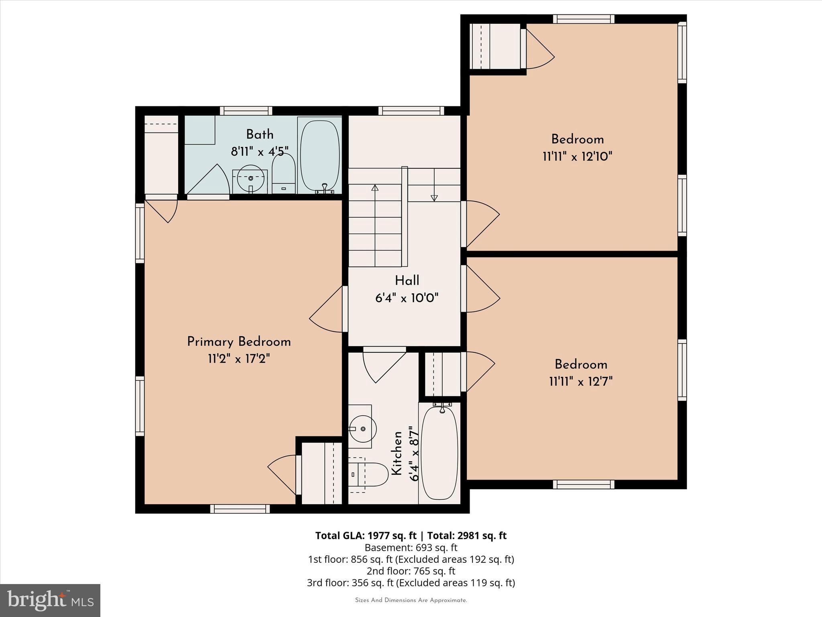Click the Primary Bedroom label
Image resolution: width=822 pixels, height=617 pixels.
click(239, 342)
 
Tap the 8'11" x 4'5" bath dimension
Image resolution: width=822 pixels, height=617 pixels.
click(260, 152)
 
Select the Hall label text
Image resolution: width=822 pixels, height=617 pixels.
click(407, 281)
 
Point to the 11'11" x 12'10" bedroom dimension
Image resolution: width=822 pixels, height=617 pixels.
click(577, 157)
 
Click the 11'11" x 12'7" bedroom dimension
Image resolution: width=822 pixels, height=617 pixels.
click(581, 381)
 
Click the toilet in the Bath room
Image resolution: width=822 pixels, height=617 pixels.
click(283, 175)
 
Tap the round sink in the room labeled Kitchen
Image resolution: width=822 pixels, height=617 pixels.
click(362, 429)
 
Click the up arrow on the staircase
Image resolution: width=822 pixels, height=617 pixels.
click(375, 188)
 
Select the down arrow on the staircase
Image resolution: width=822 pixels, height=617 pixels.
click(434, 197)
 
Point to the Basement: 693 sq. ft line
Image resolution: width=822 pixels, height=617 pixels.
click(411, 548)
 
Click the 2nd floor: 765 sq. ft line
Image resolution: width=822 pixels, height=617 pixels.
click(411, 571)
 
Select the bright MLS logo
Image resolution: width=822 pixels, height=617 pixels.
click(50, 600)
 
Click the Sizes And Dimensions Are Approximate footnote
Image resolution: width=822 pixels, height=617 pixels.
click(411, 600)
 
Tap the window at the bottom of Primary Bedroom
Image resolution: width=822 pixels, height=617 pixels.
click(240, 509)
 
